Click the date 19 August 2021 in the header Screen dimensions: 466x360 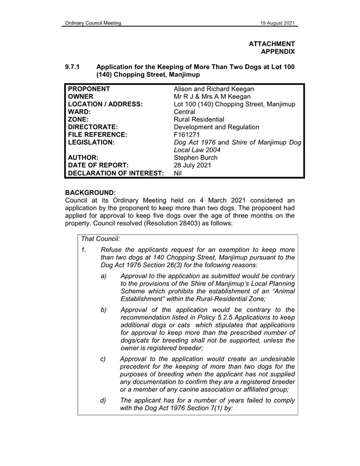(277, 23)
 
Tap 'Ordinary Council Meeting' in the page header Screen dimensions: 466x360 (92, 23)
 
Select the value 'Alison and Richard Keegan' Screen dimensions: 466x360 (214, 89)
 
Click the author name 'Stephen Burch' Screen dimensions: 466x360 (196, 158)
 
